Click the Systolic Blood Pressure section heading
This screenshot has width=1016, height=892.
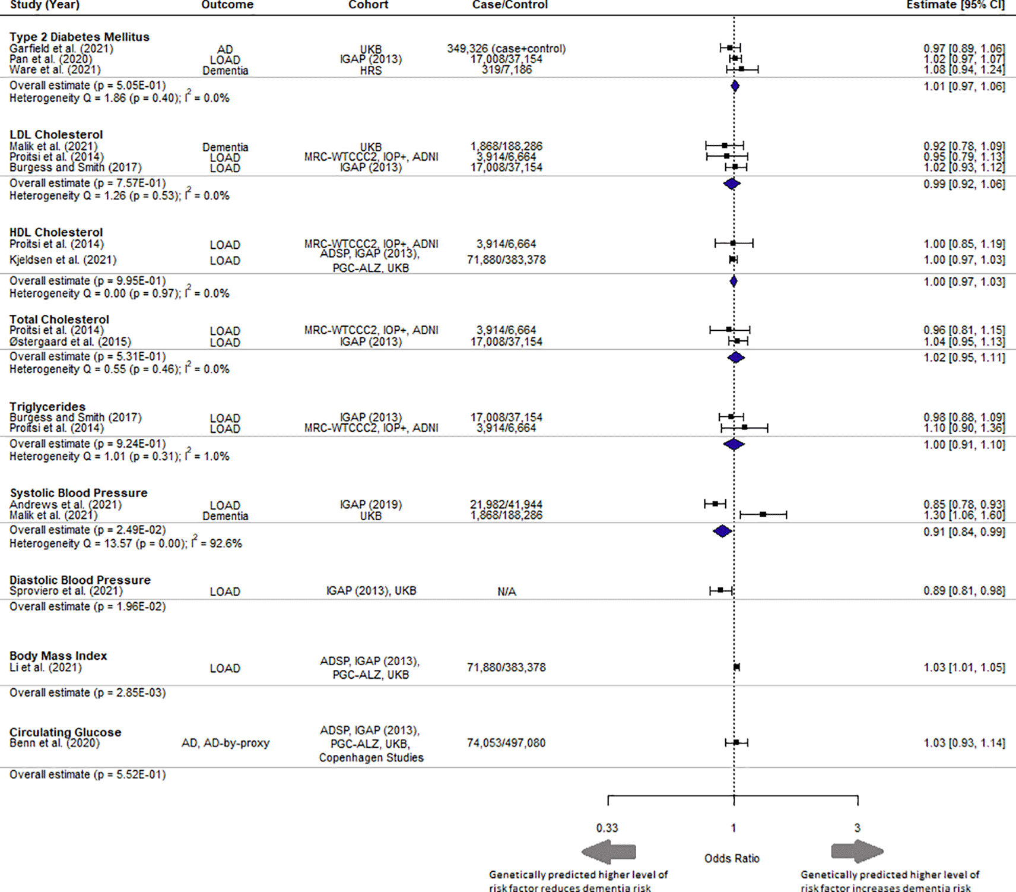coord(79,493)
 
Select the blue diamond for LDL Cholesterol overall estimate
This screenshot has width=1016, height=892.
coord(732,184)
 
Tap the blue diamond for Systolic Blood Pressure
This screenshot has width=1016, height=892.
coord(722,531)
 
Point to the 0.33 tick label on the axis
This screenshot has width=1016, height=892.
coord(607,828)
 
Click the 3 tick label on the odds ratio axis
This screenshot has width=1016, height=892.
coord(857,828)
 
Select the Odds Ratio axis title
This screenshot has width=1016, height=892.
coord(732,858)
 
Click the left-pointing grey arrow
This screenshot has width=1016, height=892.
coord(608,852)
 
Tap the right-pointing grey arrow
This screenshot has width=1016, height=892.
coord(857,852)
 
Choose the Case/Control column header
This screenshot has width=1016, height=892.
coord(510,5)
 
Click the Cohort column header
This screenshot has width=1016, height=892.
coord(368,5)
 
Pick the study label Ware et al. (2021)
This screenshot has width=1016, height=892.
coord(55,70)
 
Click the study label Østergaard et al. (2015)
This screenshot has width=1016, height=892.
coord(70,342)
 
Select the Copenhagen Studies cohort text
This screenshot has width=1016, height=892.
coord(371,758)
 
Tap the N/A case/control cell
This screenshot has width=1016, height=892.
coord(506,591)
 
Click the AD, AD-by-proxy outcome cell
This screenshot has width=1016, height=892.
coord(225,743)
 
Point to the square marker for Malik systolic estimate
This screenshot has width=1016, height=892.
coord(763,514)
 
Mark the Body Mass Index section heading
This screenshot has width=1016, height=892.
coord(58,656)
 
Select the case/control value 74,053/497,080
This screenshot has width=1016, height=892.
coord(506,743)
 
